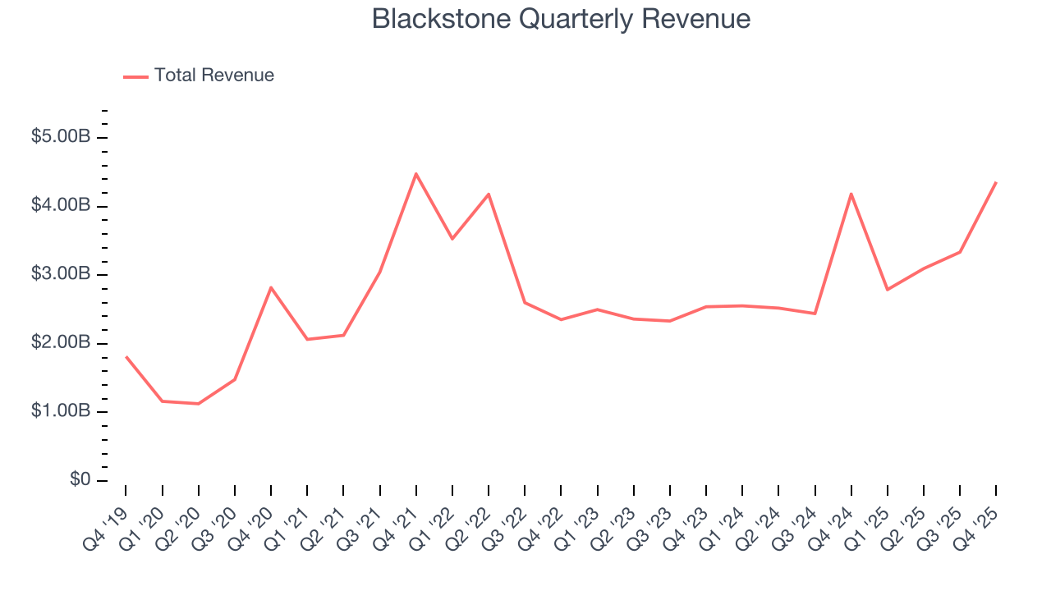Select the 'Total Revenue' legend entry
pos(213,76)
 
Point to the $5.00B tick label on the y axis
pos(60,137)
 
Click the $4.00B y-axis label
pos(60,205)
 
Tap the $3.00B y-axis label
pos(60,274)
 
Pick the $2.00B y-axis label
pos(60,343)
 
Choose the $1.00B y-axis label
pos(60,411)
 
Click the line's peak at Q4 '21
pos(416,173)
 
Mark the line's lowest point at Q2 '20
pos(199,404)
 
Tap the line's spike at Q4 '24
pos(851,194)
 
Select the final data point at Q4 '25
pos(996,182)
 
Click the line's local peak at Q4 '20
pos(271,287)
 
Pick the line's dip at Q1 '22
pos(452,239)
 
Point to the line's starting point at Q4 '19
pos(126,357)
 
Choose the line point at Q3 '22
pos(525,303)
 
